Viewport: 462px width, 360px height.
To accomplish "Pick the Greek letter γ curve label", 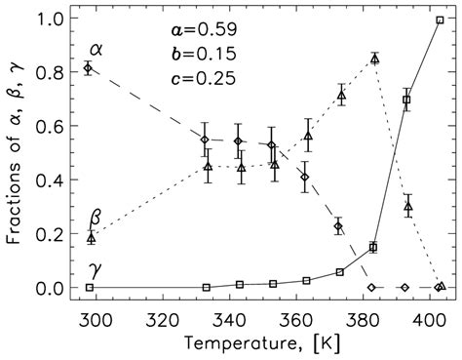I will coord(96,265).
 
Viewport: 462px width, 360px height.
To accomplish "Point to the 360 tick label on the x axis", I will coord(294,317).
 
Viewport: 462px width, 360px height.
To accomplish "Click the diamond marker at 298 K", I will coord(89,68).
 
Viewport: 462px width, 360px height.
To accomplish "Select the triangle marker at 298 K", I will coord(91,237).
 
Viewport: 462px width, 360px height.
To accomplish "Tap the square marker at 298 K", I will coord(90,288).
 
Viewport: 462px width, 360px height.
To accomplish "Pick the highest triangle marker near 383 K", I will coord(375,60).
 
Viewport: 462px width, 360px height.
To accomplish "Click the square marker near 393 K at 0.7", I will coord(406,100).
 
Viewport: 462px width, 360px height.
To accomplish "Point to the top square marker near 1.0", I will coord(440,20).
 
